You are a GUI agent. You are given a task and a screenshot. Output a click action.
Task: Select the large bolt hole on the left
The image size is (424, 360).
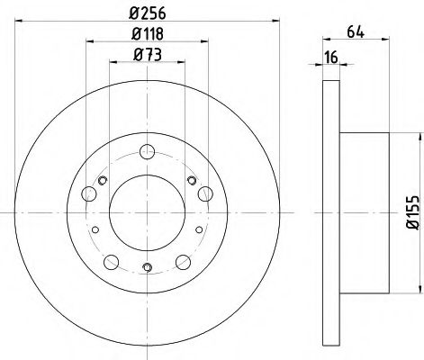pyautogui.click(x=87, y=193)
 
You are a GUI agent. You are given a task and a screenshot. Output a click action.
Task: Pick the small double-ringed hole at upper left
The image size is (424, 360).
pyautogui.click(x=103, y=182)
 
